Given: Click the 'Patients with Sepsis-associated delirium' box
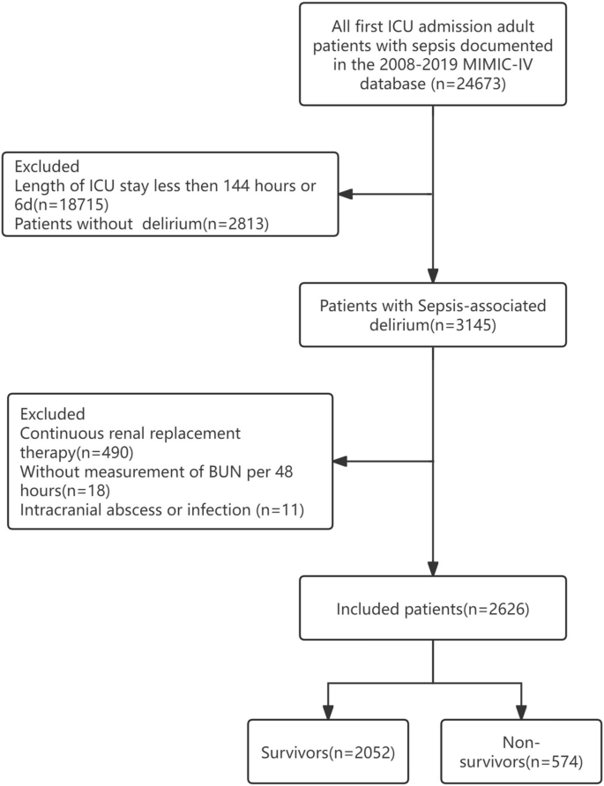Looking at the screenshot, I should pyautogui.click(x=432, y=315).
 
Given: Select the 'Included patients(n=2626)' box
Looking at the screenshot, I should pyautogui.click(x=432, y=607).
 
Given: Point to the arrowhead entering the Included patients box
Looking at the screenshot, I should pyautogui.click(x=432, y=569).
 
